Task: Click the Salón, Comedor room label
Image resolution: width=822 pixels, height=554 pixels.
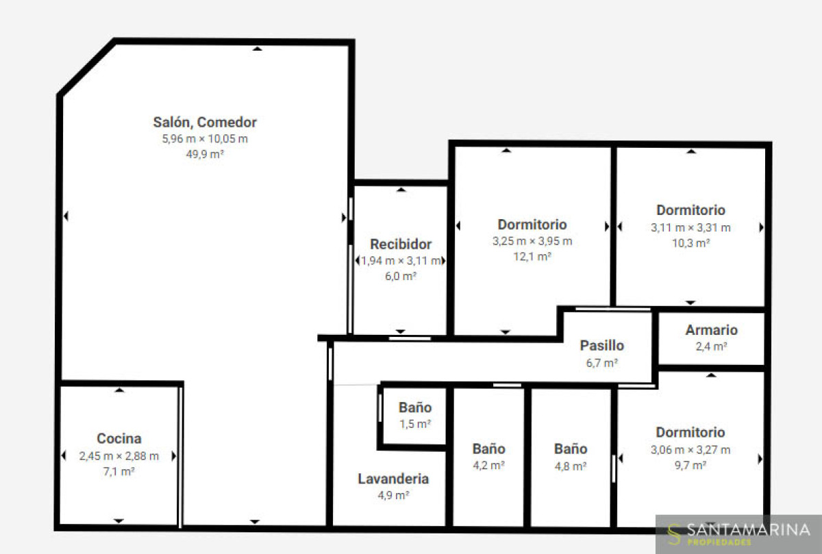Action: click(205, 123)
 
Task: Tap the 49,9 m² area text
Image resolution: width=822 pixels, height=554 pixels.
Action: click(205, 154)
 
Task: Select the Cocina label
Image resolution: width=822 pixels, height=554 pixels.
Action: click(119, 438)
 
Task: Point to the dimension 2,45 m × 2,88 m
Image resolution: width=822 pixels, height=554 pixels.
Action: click(119, 456)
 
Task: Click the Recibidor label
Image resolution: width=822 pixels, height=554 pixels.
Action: click(401, 244)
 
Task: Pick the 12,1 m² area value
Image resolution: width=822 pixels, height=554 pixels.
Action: click(532, 256)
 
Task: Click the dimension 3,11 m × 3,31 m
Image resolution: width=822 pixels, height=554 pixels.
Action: click(690, 228)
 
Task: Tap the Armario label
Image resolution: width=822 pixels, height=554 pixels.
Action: click(711, 330)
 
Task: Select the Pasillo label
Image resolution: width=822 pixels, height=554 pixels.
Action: click(602, 346)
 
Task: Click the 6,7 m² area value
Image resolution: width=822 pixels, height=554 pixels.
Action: click(602, 363)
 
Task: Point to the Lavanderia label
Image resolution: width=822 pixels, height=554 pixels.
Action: click(393, 479)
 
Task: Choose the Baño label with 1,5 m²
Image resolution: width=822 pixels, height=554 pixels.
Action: click(415, 407)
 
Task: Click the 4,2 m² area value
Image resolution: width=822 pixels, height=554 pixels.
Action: click(489, 466)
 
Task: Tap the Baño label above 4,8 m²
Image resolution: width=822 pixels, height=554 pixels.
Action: click(571, 449)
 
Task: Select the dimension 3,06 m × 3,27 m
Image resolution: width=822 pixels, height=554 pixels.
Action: click(690, 450)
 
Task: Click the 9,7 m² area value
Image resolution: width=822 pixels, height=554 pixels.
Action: click(690, 466)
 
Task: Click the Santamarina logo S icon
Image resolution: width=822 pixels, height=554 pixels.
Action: click(674, 535)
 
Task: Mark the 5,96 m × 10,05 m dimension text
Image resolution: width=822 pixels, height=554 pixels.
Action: click(205, 139)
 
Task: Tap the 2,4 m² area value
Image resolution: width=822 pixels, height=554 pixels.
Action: click(711, 347)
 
